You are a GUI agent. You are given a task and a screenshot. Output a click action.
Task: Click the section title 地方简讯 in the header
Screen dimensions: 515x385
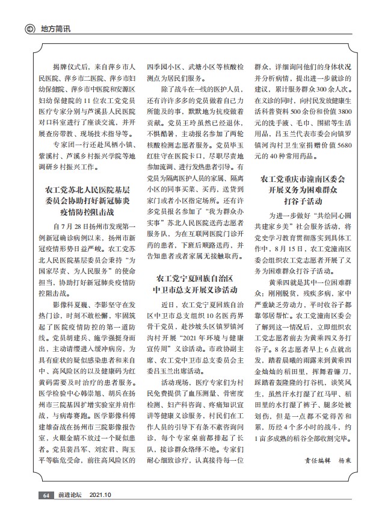[55, 29]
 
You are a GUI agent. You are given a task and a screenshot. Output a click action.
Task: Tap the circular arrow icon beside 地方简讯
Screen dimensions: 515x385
[29, 29]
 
